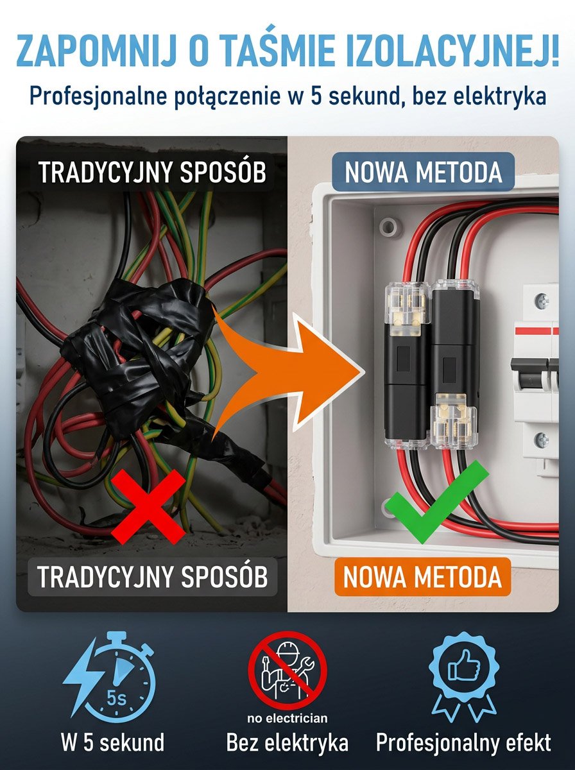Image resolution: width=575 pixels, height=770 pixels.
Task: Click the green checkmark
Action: click(x=436, y=502)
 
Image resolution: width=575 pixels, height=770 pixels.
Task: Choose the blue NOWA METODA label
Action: click(x=424, y=172)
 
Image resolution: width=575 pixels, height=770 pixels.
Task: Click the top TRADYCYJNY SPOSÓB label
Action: click(x=152, y=172)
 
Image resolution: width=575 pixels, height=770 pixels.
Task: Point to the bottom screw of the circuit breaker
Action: click(x=542, y=438)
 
